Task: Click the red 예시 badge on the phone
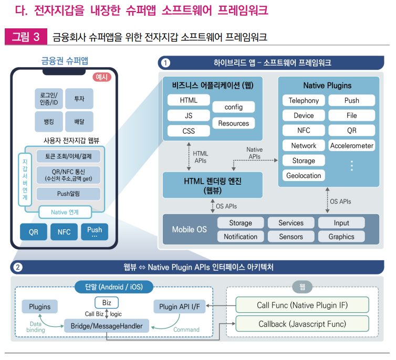pyautogui.click(x=102, y=77)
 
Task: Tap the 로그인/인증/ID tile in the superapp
pyautogui.click(x=49, y=98)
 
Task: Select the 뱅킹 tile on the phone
pyautogui.click(x=49, y=121)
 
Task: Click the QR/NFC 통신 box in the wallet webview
pyautogui.click(x=68, y=175)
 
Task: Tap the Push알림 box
pyautogui.click(x=68, y=194)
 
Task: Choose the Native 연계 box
pyautogui.click(x=66, y=212)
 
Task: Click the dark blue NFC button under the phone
pyautogui.click(x=64, y=231)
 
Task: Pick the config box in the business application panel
pyautogui.click(x=233, y=107)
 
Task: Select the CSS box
pyautogui.click(x=189, y=131)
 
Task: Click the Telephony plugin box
pyautogui.click(x=304, y=100)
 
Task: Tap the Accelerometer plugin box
pyautogui.click(x=351, y=145)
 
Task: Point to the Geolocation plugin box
pyautogui.click(x=304, y=175)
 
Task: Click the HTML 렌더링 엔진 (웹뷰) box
pyautogui.click(x=212, y=185)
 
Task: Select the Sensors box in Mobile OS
pyautogui.click(x=291, y=237)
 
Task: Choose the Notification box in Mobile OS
pyautogui.click(x=241, y=237)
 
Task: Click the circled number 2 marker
pyautogui.click(x=18, y=268)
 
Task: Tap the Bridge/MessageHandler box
pyautogui.click(x=107, y=325)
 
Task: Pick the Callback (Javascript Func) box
pyautogui.click(x=302, y=324)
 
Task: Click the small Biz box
pyautogui.click(x=107, y=302)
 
